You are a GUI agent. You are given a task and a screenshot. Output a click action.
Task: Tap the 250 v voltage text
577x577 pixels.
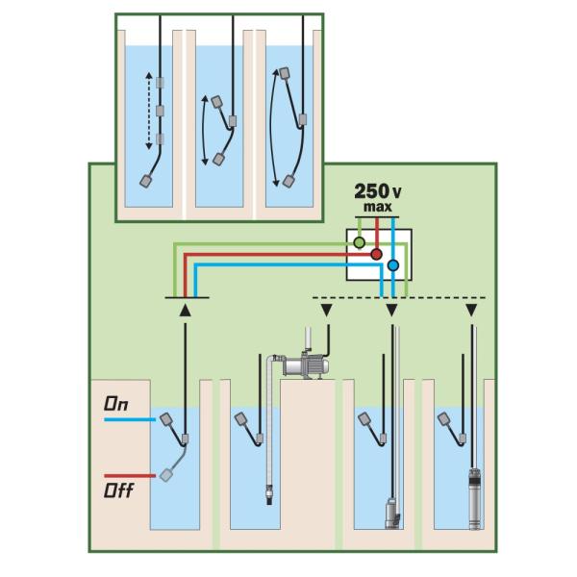click(378, 190)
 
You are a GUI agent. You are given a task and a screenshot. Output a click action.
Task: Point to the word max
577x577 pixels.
click(378, 207)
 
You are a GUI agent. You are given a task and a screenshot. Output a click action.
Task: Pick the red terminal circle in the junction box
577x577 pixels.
click(377, 255)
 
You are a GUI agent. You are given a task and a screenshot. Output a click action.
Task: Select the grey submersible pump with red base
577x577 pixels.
click(391, 511)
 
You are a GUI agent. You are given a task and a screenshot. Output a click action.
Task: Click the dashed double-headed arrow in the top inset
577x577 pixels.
click(150, 108)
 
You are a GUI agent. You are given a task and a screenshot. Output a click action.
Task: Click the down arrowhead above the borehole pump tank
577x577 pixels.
click(471, 311)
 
